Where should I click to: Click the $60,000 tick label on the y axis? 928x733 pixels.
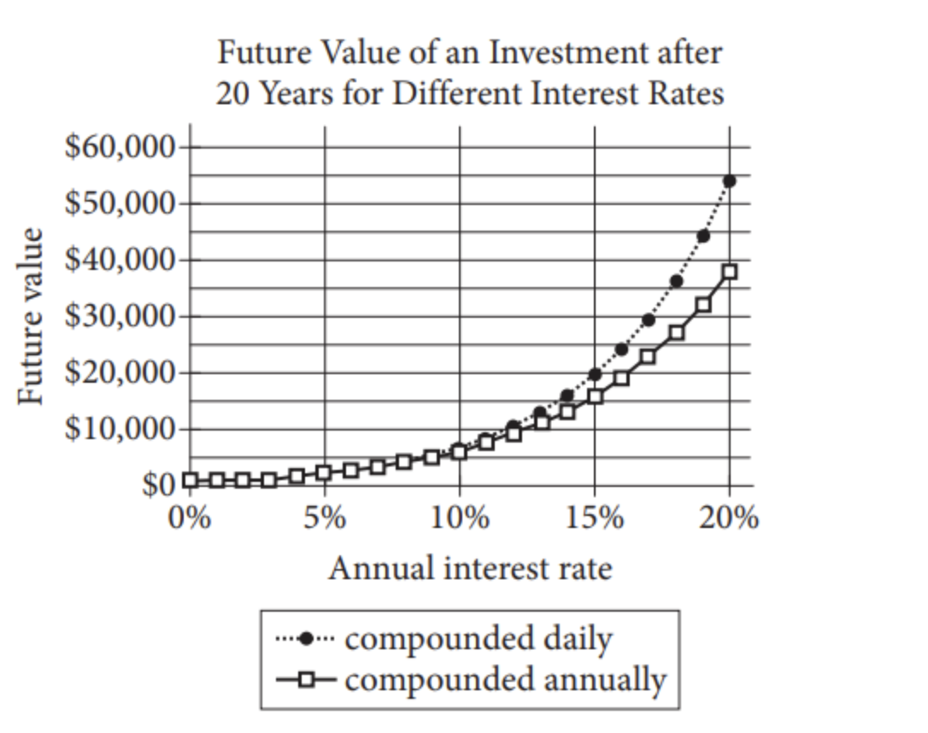(119, 147)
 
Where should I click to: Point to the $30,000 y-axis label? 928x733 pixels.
(119, 316)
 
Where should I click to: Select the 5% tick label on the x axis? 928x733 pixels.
(324, 518)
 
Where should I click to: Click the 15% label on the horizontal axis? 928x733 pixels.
(594, 518)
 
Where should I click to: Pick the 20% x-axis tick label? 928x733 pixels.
(729, 518)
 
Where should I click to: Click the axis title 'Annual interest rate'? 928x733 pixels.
(470, 567)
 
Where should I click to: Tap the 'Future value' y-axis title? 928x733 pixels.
(32, 316)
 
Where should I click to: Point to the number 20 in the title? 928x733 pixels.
(233, 92)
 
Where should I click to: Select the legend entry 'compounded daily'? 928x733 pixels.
(478, 638)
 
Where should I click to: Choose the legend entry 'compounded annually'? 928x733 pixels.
(505, 680)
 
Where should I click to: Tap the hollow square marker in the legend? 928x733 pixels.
(308, 681)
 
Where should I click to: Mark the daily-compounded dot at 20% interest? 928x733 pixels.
(729, 180)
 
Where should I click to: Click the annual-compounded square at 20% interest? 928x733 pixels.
(729, 272)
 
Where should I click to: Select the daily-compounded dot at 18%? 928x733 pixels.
(676, 280)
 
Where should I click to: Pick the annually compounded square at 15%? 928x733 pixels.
(595, 396)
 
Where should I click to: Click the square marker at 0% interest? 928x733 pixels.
(190, 480)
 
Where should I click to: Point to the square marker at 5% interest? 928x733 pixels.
(324, 472)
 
